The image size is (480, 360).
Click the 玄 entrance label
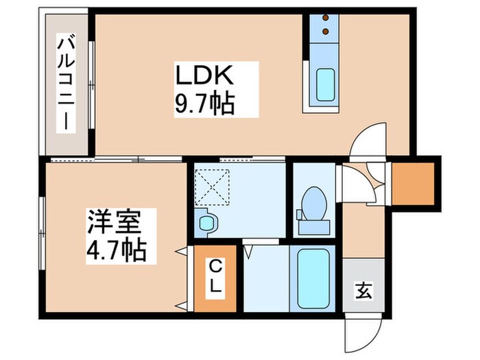pos(363,291)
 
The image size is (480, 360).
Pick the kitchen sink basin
pos(320,87)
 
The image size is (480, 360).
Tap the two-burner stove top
pos(320,25)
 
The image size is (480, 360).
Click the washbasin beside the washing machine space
pos(206,221)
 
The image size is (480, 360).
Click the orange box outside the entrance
pos(414,182)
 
